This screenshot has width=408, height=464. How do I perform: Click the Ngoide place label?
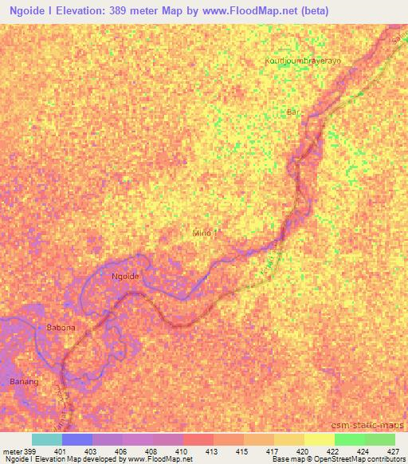[x=126, y=276]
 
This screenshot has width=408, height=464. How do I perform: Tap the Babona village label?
[x=61, y=328]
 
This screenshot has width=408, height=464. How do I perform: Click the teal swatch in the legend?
[x=46, y=439]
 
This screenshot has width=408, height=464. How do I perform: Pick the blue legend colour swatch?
[x=76, y=439]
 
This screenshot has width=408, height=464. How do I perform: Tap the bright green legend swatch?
[x=349, y=439]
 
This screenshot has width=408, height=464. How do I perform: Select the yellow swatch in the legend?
[x=288, y=439]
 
